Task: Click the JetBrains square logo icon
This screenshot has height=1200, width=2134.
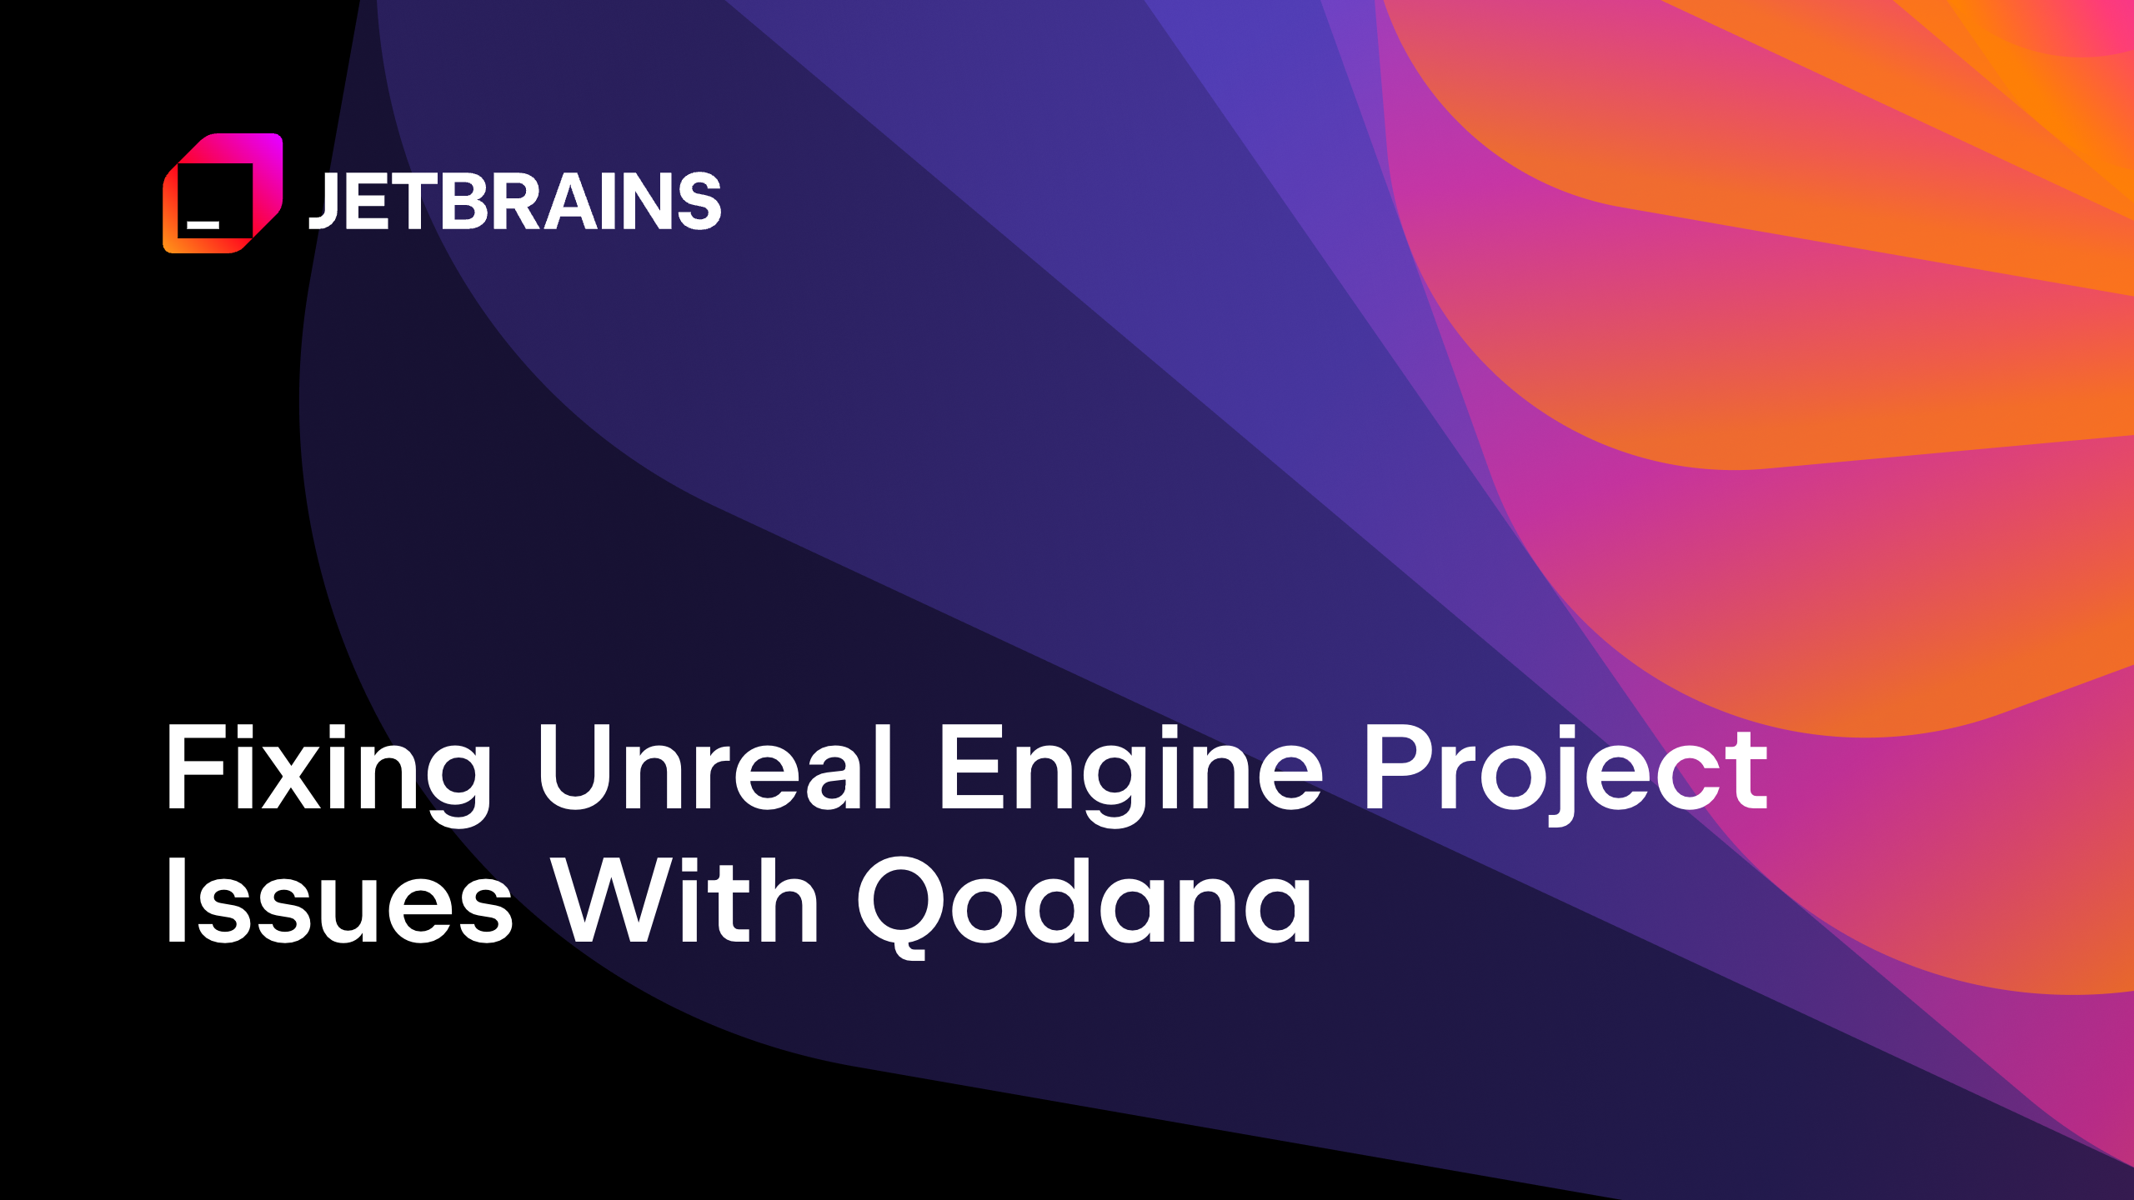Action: tap(223, 192)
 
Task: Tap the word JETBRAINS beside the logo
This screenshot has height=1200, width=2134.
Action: tap(514, 201)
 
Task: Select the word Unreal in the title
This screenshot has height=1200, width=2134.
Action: tap(715, 767)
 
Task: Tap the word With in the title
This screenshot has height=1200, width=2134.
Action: tap(687, 902)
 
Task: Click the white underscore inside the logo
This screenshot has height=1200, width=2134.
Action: tap(203, 224)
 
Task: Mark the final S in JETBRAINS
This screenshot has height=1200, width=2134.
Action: tap(699, 201)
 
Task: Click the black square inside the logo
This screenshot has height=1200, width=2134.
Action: tap(215, 200)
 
